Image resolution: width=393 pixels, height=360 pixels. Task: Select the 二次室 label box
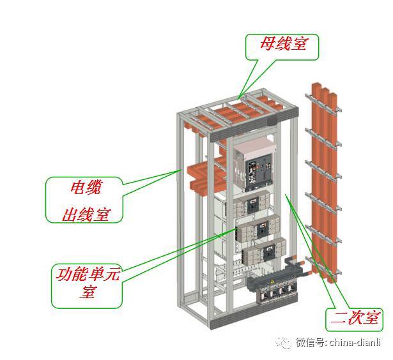click(x=353, y=318)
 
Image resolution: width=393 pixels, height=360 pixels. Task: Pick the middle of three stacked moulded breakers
click(x=259, y=229)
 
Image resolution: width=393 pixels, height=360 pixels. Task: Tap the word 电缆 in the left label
click(x=86, y=188)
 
